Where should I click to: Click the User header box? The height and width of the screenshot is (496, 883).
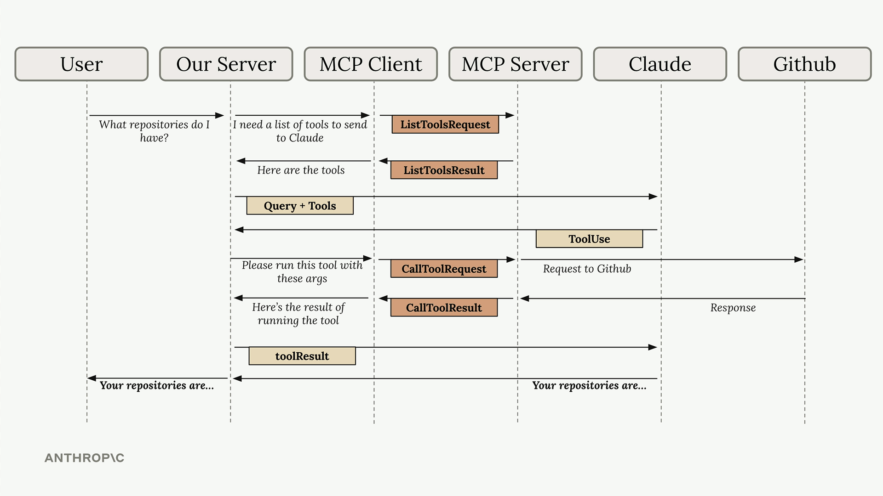(x=81, y=64)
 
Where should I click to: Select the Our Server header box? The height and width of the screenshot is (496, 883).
(x=226, y=64)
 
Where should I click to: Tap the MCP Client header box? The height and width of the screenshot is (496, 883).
(x=371, y=64)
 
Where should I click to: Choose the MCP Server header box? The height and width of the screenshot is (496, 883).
(x=515, y=64)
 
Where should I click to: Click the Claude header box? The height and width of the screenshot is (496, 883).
(x=660, y=64)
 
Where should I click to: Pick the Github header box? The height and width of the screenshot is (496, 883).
(x=804, y=64)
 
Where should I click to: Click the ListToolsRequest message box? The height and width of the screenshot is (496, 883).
(x=445, y=124)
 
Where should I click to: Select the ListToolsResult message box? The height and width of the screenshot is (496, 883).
(x=444, y=170)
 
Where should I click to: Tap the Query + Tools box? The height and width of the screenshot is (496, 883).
(x=300, y=206)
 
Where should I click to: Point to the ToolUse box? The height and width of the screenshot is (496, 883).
(x=589, y=239)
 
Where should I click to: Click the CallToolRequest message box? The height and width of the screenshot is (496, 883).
(x=444, y=269)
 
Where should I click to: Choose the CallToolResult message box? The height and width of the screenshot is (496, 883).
(x=444, y=308)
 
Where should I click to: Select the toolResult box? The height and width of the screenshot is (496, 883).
(x=302, y=356)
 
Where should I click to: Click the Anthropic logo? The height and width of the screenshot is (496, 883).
(x=84, y=458)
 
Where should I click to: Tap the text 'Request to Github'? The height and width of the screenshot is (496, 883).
(x=587, y=269)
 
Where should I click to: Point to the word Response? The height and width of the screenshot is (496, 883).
(x=733, y=308)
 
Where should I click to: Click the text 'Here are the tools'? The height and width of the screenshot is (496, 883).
(x=301, y=170)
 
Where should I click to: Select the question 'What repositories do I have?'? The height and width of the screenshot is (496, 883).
(x=154, y=131)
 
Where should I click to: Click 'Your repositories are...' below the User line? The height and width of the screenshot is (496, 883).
(x=157, y=385)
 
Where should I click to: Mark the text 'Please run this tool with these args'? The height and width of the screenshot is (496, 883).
(x=302, y=271)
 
